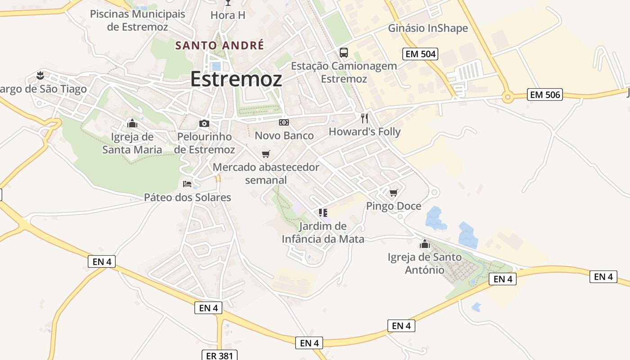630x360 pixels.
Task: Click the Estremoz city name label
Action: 236,79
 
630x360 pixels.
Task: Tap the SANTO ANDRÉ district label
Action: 220,45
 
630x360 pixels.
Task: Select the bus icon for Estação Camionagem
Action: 344,53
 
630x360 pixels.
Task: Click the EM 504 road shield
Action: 420,54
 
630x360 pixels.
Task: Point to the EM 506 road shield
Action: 545,94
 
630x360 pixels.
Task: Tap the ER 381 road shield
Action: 219,355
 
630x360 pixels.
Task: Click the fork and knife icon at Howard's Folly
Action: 364,118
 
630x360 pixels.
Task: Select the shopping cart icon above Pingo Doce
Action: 394,193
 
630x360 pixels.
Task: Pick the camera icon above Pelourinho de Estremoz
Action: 204,123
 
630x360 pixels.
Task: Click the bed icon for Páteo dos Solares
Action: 187,184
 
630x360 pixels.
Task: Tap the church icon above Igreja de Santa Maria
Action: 132,123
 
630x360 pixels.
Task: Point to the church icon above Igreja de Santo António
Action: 424,244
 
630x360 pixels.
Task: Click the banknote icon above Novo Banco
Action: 284,122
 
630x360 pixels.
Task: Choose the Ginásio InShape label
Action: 428,28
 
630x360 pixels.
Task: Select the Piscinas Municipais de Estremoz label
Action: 138,20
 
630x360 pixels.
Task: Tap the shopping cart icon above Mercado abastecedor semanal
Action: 266,154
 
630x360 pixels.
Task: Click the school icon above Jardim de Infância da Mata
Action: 323,212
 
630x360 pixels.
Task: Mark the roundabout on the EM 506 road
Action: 508,97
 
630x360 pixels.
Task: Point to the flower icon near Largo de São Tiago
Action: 40,75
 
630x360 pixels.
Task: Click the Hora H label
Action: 228,15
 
